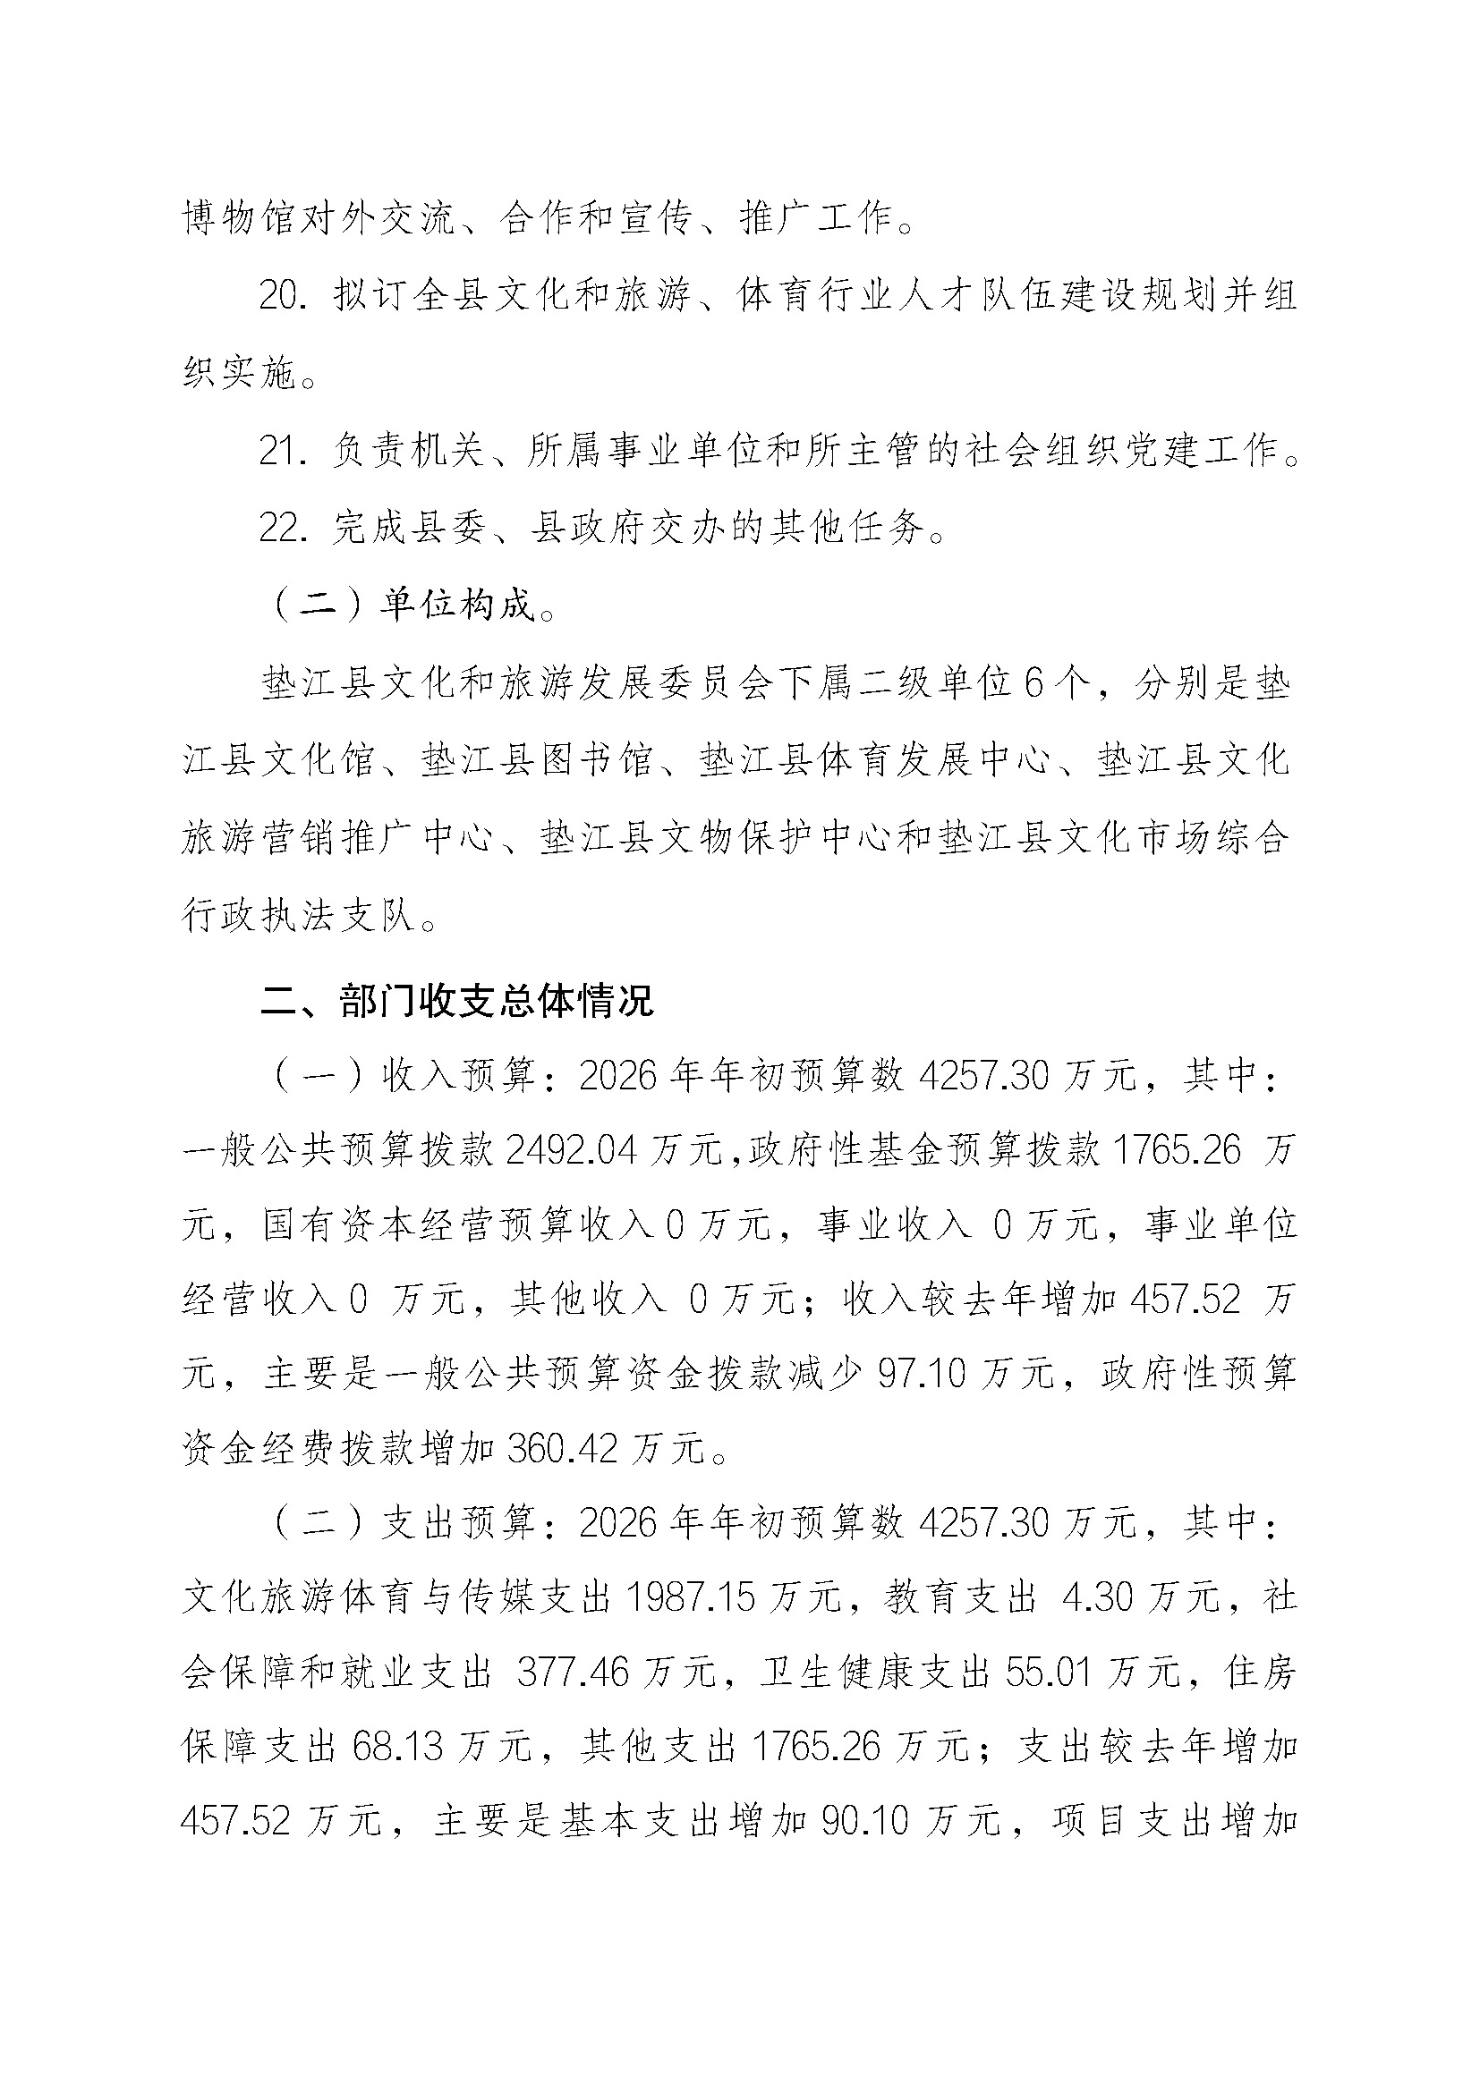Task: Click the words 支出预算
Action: click(x=457, y=1523)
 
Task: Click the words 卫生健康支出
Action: click(x=875, y=1673)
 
